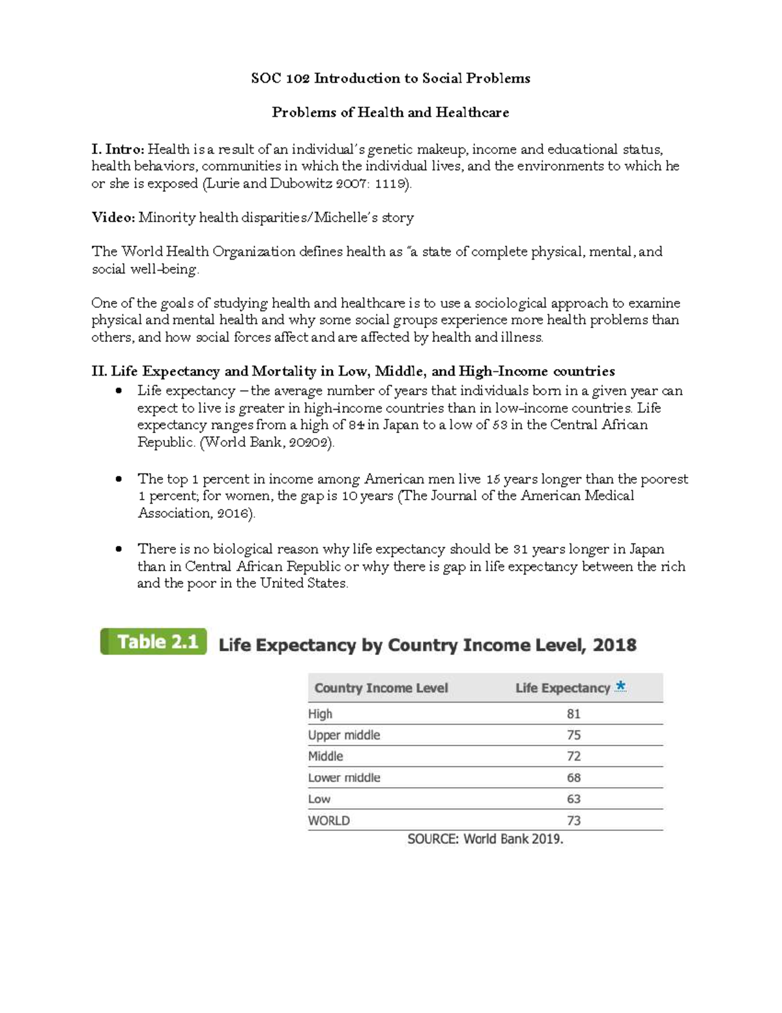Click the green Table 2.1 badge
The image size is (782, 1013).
pyautogui.click(x=154, y=642)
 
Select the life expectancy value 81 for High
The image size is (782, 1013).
pyautogui.click(x=573, y=714)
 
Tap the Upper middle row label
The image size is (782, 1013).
pyautogui.click(x=344, y=735)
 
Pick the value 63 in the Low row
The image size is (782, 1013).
pyautogui.click(x=573, y=799)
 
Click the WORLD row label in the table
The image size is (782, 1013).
pyautogui.click(x=329, y=821)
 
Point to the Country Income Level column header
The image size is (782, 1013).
pyautogui.click(x=381, y=688)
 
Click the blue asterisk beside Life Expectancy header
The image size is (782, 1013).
pyautogui.click(x=620, y=686)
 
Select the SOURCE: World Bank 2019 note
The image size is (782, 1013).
pyautogui.click(x=485, y=839)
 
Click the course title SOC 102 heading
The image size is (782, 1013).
pyautogui.click(x=390, y=78)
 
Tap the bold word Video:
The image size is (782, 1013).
pyautogui.click(x=113, y=218)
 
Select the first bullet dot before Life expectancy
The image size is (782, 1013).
pyautogui.click(x=118, y=391)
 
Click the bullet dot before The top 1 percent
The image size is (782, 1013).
pyautogui.click(x=118, y=479)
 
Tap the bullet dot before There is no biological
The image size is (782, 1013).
pyautogui.click(x=118, y=549)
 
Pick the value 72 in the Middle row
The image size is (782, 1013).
pyautogui.click(x=573, y=757)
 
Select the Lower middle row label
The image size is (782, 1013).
pyautogui.click(x=344, y=778)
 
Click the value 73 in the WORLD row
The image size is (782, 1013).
pyautogui.click(x=573, y=821)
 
